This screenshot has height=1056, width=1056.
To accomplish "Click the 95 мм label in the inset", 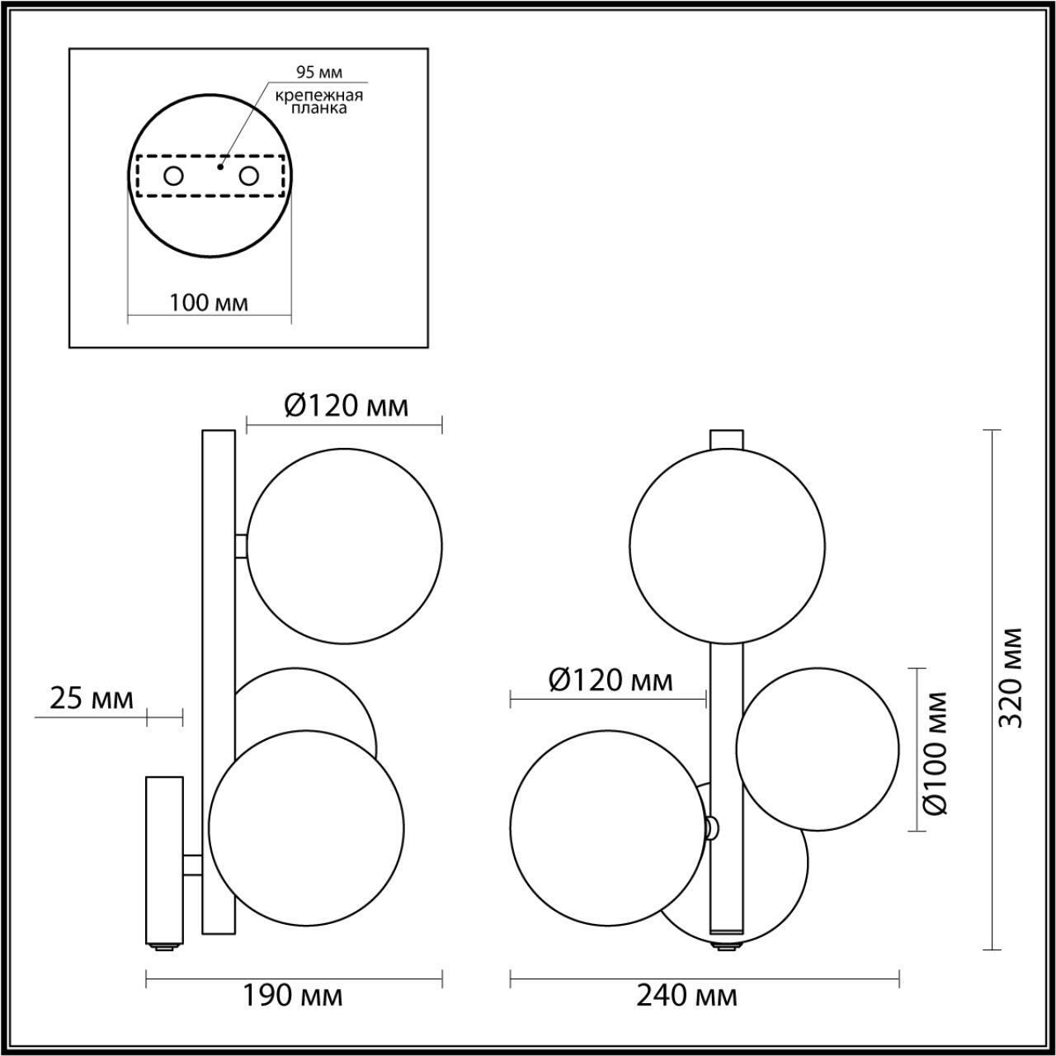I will pyautogui.click(x=319, y=72).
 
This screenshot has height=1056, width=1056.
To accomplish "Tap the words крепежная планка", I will pyautogui.click(x=319, y=101).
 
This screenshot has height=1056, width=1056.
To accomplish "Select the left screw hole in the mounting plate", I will pyautogui.click(x=173, y=176).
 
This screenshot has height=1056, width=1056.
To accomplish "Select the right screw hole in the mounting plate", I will pyautogui.click(x=248, y=176).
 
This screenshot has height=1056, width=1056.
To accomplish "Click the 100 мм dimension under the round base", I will pyautogui.click(x=209, y=303).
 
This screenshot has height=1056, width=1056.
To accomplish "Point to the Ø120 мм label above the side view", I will pyautogui.click(x=346, y=406).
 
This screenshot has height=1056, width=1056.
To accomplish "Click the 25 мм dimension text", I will pyautogui.click(x=92, y=699).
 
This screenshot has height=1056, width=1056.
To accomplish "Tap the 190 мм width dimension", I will pyautogui.click(x=294, y=996).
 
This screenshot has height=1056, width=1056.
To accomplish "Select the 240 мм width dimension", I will pyautogui.click(x=687, y=996).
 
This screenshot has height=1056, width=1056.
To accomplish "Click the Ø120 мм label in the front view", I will pyautogui.click(x=610, y=681).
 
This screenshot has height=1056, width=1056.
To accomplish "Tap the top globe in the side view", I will pyautogui.click(x=345, y=546).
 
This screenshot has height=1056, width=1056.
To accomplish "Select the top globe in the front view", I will pyautogui.click(x=727, y=545).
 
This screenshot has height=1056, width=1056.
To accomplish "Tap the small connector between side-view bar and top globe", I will pyautogui.click(x=241, y=546).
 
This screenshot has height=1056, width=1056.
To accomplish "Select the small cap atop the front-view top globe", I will pyautogui.click(x=727, y=438).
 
